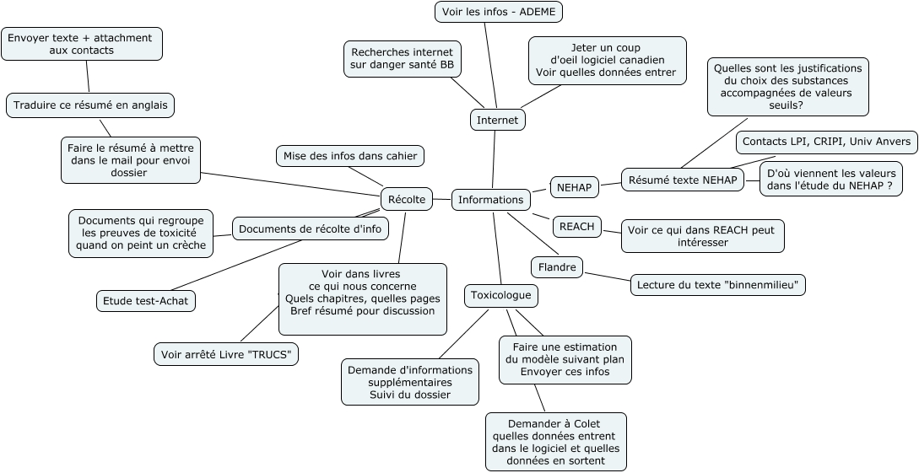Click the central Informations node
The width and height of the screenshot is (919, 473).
[x=490, y=200]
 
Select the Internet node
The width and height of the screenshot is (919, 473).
[x=497, y=121]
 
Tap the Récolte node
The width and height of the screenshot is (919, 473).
[x=407, y=199]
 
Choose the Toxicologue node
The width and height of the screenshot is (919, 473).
[x=501, y=296]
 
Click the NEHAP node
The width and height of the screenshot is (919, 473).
[x=575, y=186]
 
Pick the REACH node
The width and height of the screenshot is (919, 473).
[x=577, y=226]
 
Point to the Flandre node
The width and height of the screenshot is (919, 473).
[x=557, y=267]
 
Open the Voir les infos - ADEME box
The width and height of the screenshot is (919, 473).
[x=498, y=12]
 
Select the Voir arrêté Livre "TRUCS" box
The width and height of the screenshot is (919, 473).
[x=226, y=354]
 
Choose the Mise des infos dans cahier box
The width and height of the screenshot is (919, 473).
[x=349, y=155]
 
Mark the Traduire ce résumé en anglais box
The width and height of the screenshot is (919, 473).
[x=90, y=105]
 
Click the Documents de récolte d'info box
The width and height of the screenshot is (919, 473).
[x=310, y=228]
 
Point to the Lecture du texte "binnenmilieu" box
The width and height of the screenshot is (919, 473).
[x=718, y=285]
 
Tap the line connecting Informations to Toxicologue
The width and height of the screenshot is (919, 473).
[x=497, y=249]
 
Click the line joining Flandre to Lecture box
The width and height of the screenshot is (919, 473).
[x=608, y=275]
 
